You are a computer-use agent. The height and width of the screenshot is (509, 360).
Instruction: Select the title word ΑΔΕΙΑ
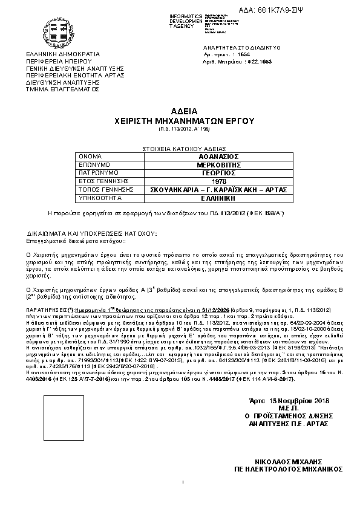coord(180,112)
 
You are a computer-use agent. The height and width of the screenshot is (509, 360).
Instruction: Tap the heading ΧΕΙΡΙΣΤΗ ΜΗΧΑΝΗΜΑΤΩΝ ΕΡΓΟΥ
coord(180,121)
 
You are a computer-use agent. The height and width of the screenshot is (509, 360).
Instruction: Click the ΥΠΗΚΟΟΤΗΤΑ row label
coord(97,198)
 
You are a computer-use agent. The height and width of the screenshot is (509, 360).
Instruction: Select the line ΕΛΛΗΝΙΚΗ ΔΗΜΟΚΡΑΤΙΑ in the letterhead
coord(58,54)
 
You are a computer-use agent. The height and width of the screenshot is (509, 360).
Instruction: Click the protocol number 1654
coord(243,54)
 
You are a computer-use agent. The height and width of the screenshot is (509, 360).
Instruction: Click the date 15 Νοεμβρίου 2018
coord(284,401)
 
